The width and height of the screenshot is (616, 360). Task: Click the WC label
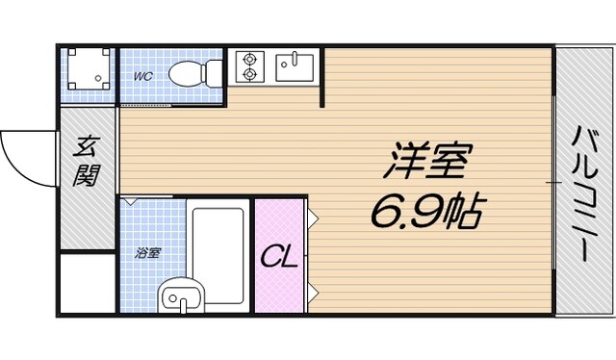click(x=142, y=74)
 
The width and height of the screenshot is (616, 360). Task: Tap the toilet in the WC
click(x=189, y=72)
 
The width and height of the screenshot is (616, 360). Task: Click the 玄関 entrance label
click(x=88, y=163)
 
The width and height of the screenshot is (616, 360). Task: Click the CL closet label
click(x=279, y=256)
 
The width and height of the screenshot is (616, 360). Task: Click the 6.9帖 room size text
click(x=424, y=209)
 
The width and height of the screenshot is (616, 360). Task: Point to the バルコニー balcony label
click(x=583, y=192)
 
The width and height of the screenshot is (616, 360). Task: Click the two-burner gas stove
click(x=249, y=65)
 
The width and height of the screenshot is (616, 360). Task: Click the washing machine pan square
click(x=88, y=73)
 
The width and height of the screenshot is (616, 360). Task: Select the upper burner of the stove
click(x=249, y=57)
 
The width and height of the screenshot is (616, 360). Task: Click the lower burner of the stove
click(x=249, y=74)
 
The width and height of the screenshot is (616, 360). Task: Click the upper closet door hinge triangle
click(x=314, y=217)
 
